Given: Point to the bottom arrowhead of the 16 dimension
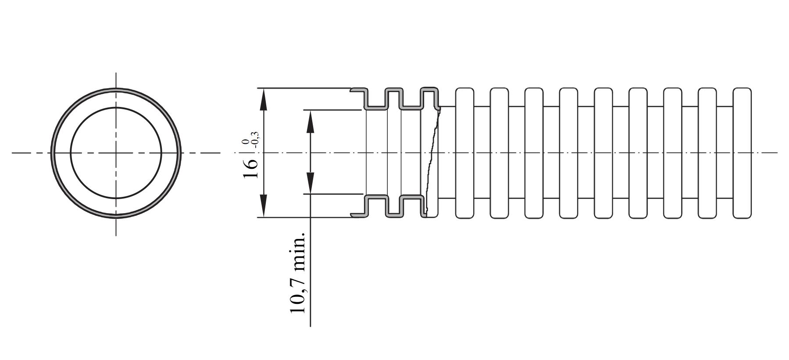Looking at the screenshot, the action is tap(263, 206).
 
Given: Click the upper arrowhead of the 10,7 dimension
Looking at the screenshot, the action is tap(311, 121).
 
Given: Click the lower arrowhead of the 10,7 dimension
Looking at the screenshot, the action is tap(311, 182).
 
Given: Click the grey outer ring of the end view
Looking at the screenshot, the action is tap(116, 89).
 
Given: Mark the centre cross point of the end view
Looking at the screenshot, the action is tap(116, 153).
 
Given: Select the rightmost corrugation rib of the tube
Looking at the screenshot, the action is tap(742, 153).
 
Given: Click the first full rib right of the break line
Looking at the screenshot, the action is tap(464, 153).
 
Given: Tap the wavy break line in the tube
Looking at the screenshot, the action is tap(432, 162).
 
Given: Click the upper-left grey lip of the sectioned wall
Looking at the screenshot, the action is tap(358, 90).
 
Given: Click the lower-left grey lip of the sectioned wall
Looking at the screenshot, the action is tap(358, 215).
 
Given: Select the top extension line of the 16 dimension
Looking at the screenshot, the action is tap(310, 88).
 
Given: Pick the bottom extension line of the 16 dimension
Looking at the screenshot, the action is tap(310, 217).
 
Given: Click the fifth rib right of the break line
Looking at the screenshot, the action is tap(603, 153).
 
